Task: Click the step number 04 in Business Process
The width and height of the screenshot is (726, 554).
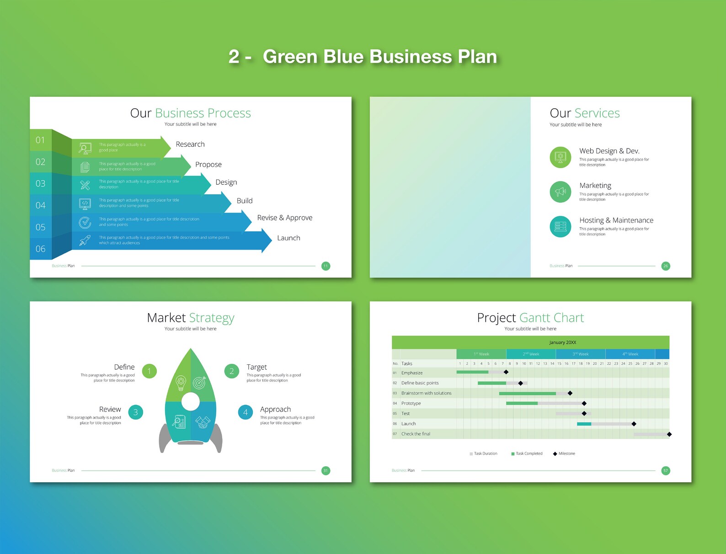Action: [41, 205]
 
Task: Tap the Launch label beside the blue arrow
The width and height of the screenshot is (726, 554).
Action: [288, 238]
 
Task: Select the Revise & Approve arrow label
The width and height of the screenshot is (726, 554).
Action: [284, 218]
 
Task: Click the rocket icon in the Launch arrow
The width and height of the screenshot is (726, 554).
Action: [85, 240]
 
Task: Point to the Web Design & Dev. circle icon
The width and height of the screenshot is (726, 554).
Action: [561, 157]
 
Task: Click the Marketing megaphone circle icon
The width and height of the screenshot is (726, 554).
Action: [561, 192]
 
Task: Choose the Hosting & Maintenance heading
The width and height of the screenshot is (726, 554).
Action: [616, 220]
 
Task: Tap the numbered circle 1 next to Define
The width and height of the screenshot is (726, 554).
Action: [149, 371]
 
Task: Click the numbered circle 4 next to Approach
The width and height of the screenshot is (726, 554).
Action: [246, 412]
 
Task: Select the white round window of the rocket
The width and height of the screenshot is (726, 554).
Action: [191, 402]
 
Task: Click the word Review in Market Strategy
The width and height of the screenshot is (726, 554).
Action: [110, 410]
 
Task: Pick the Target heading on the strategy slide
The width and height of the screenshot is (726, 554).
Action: [256, 367]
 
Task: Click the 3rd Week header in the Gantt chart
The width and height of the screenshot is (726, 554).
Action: [581, 354]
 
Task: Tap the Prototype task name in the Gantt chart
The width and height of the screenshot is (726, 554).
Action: [411, 404]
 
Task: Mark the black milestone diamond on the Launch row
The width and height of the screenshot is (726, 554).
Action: [634, 424]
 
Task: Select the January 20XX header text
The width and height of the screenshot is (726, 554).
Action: [563, 342]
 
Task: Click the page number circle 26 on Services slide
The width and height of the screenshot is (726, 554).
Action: [666, 266]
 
